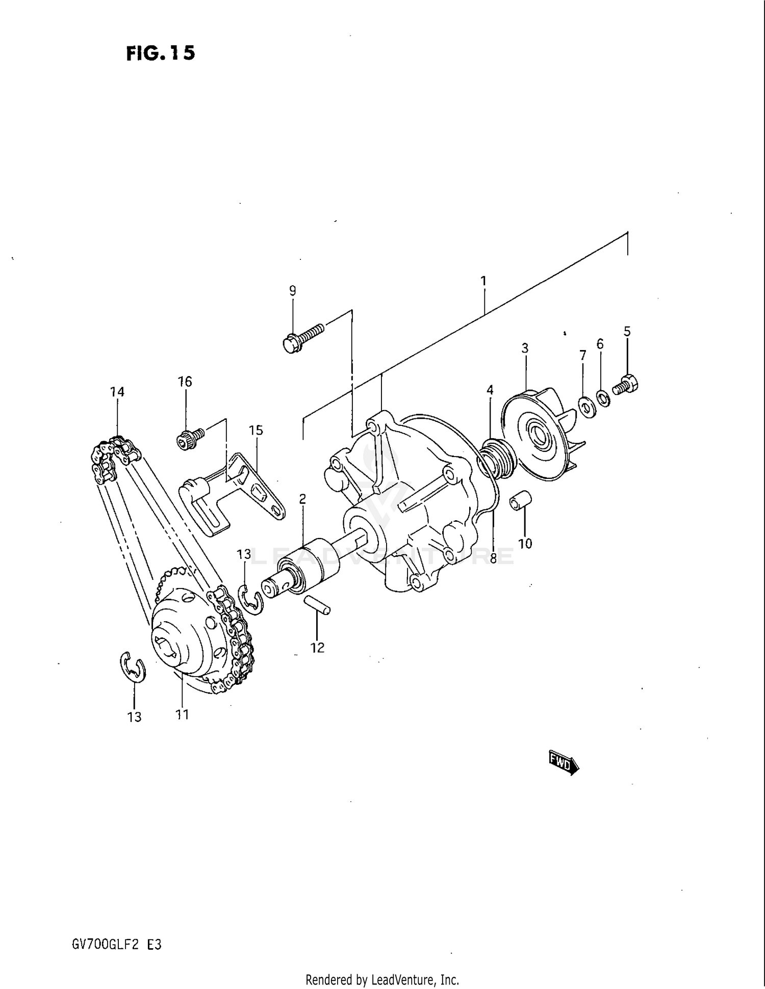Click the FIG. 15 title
point(161,53)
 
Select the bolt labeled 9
point(303,337)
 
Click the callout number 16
point(185,382)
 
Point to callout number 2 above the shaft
point(302,499)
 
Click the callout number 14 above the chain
point(117,392)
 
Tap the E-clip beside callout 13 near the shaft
point(250,600)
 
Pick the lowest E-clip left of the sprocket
point(133,667)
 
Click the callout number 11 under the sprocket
point(182,715)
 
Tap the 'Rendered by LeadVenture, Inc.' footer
point(382,979)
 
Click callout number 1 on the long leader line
point(483,281)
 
